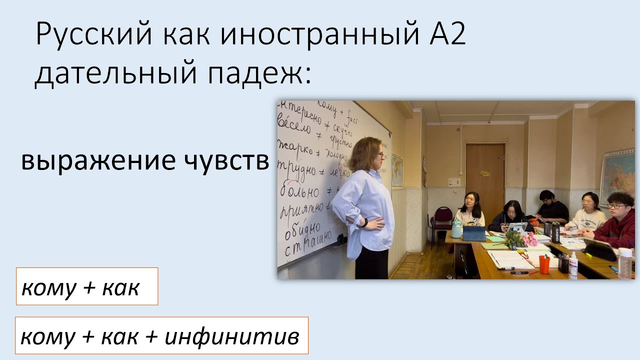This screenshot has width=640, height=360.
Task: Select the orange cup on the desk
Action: pos(544,263)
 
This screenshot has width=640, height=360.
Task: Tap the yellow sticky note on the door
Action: pos(484,173)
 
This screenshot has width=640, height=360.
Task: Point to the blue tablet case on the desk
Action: pos(473,233)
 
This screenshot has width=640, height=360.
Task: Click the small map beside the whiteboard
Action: pos(397,169)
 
